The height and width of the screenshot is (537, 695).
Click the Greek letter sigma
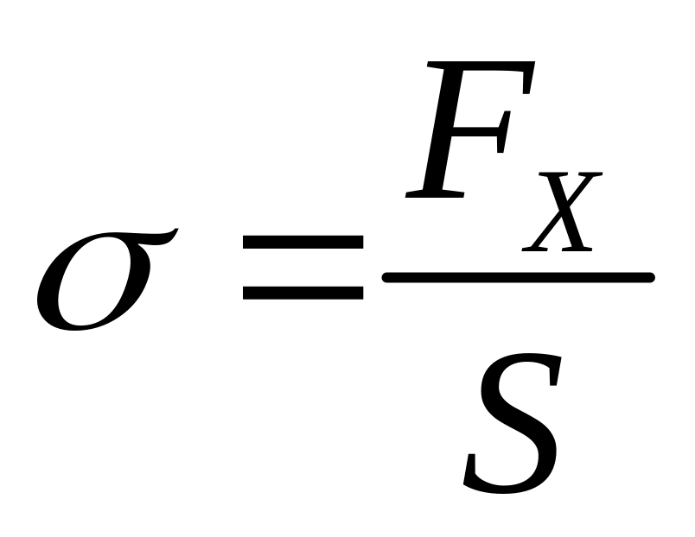coord(95,281)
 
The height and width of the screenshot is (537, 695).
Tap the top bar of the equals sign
coord(303,247)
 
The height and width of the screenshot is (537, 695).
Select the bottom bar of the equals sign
coord(303,292)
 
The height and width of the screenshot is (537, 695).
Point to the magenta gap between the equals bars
coord(303,269)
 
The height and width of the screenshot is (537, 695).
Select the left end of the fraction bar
coord(387,277)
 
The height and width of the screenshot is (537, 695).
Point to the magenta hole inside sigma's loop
coord(91,289)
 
